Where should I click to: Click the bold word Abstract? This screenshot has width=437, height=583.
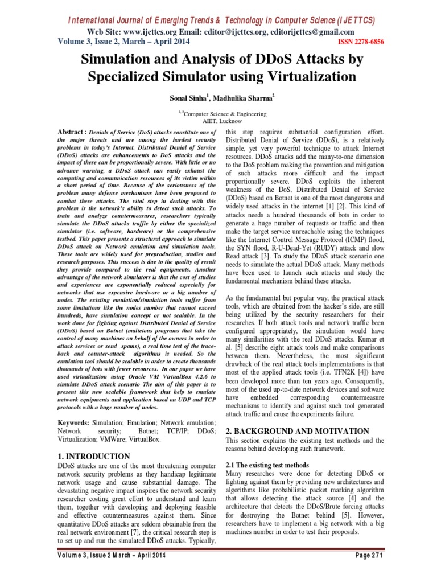(x=76, y=132)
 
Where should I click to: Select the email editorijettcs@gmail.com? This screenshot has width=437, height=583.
(x=311, y=32)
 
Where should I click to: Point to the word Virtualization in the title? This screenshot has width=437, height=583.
(x=307, y=76)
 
